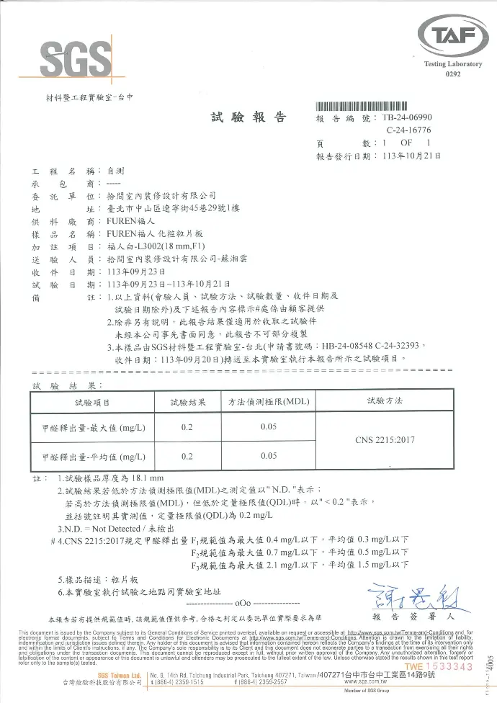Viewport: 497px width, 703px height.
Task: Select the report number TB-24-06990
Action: [x=407, y=117]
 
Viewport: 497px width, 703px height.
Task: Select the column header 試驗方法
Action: [x=385, y=400]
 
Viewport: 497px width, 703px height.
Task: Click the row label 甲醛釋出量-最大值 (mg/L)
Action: [x=94, y=428]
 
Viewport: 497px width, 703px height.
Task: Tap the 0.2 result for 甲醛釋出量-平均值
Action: [x=187, y=456]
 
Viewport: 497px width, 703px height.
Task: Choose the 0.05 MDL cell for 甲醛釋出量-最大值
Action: [x=269, y=428]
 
